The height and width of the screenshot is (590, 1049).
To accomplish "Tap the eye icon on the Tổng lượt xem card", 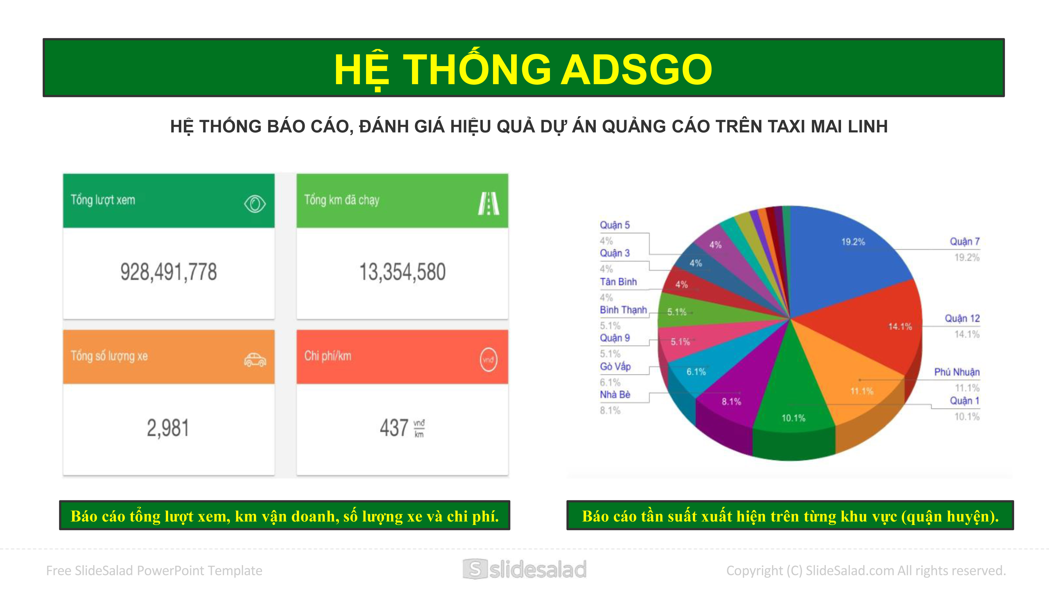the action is pos(255,203).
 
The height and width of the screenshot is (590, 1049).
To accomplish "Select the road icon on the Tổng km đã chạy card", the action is pos(488,203).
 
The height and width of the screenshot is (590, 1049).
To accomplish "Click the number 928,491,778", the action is pos(169,272).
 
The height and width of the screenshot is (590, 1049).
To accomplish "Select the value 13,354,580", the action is pos(402,272).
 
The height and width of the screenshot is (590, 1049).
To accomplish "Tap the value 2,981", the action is pos(168,428).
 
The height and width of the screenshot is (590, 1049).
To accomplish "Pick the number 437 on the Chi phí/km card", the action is pos(394,428).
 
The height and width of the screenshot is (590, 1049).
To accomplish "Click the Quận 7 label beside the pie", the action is pos(965,242).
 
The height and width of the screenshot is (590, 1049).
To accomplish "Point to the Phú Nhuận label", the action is pos(957,372).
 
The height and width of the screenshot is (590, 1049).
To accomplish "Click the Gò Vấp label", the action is pos(615,367).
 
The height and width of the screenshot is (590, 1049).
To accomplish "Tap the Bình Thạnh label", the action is pos(623,310).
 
